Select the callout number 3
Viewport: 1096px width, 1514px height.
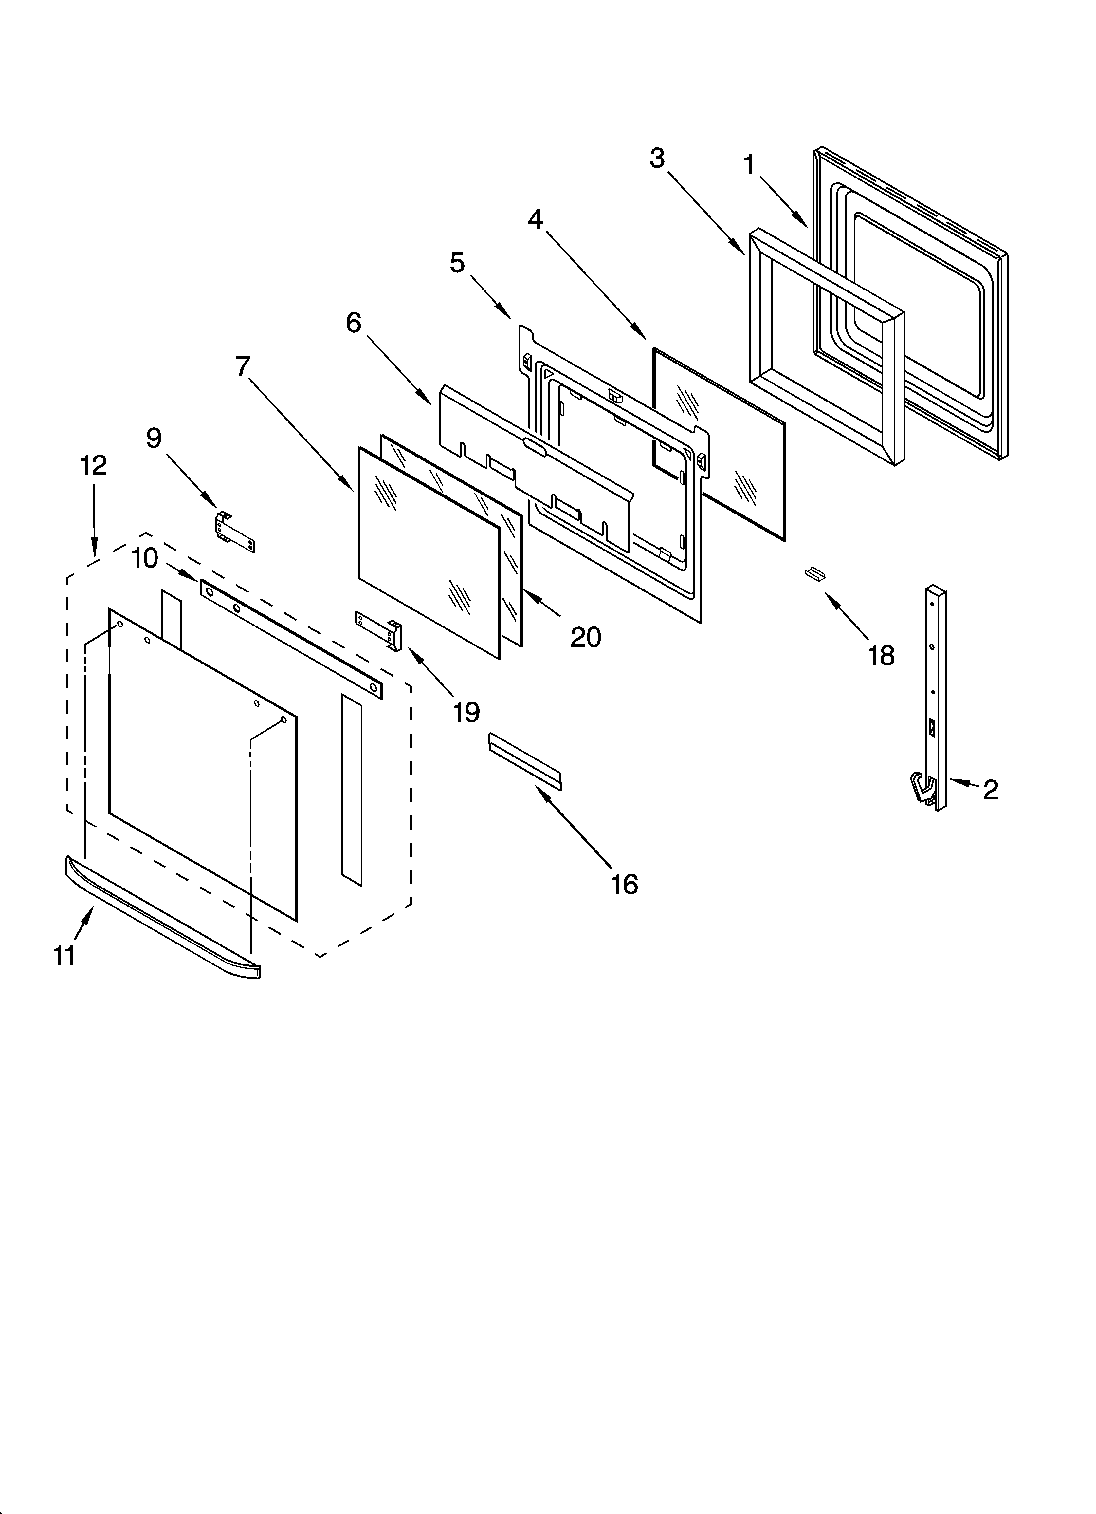tap(657, 158)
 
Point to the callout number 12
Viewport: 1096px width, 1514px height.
tap(93, 465)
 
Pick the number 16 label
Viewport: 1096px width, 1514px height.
tap(624, 885)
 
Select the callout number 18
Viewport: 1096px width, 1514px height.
tap(881, 656)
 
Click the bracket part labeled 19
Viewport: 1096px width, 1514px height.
tap(379, 629)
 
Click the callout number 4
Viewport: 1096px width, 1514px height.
tap(535, 219)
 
